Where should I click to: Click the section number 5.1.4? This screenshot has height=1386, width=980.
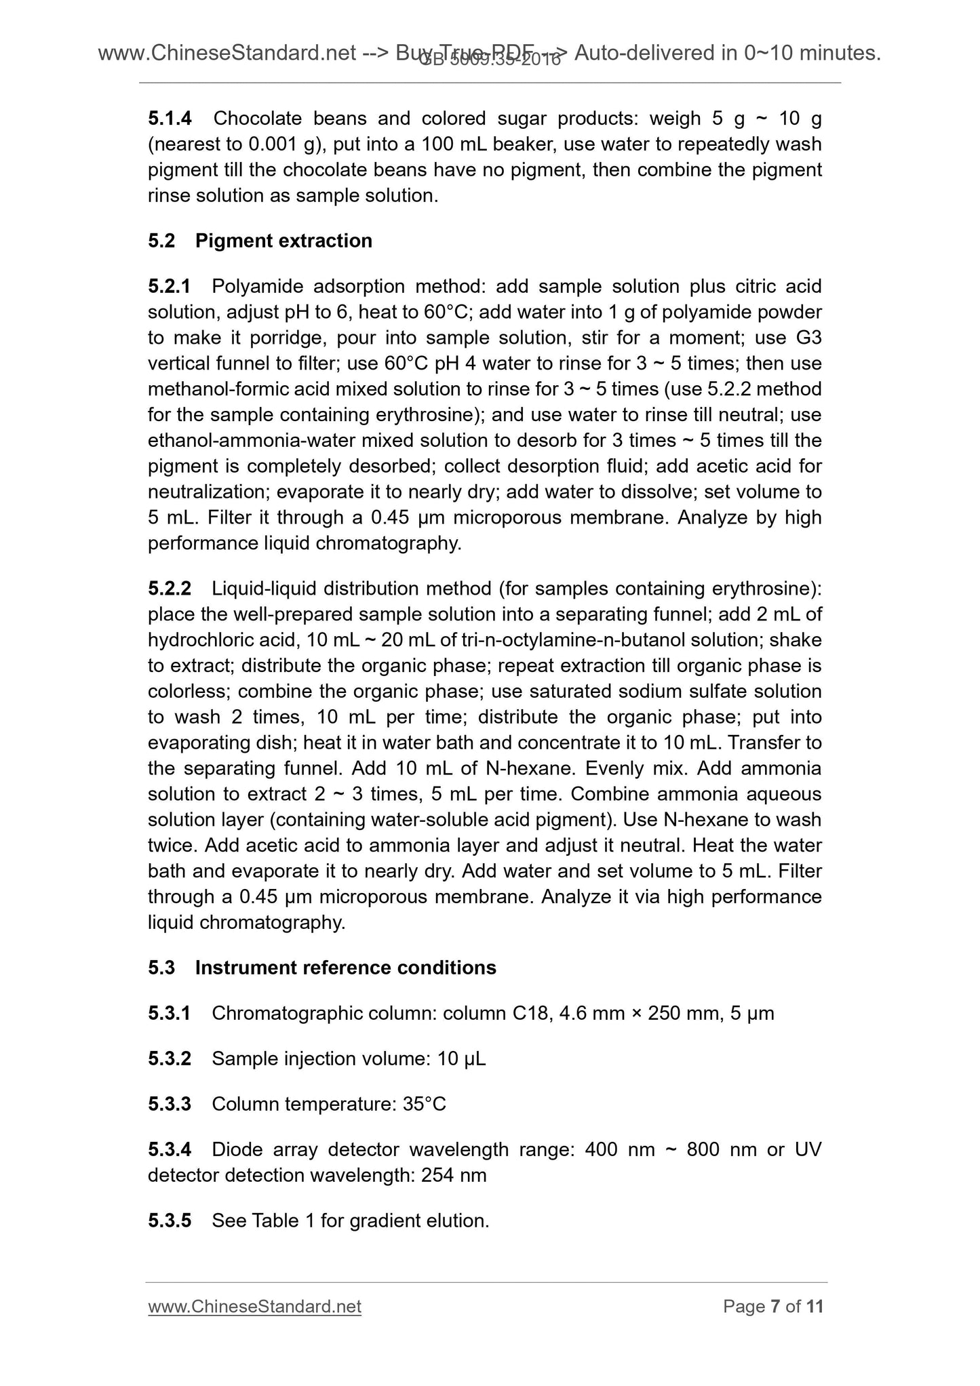click(x=170, y=119)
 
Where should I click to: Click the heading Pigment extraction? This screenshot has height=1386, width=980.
click(x=283, y=241)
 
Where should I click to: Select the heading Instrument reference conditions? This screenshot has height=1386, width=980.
click(x=345, y=968)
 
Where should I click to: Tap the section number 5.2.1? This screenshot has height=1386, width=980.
click(x=170, y=287)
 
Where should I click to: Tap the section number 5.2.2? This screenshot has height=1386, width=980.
click(x=170, y=589)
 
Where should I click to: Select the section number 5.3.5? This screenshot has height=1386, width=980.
click(x=170, y=1221)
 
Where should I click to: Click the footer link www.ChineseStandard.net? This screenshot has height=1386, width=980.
click(x=254, y=1307)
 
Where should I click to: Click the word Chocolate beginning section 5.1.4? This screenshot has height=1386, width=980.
click(x=257, y=119)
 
